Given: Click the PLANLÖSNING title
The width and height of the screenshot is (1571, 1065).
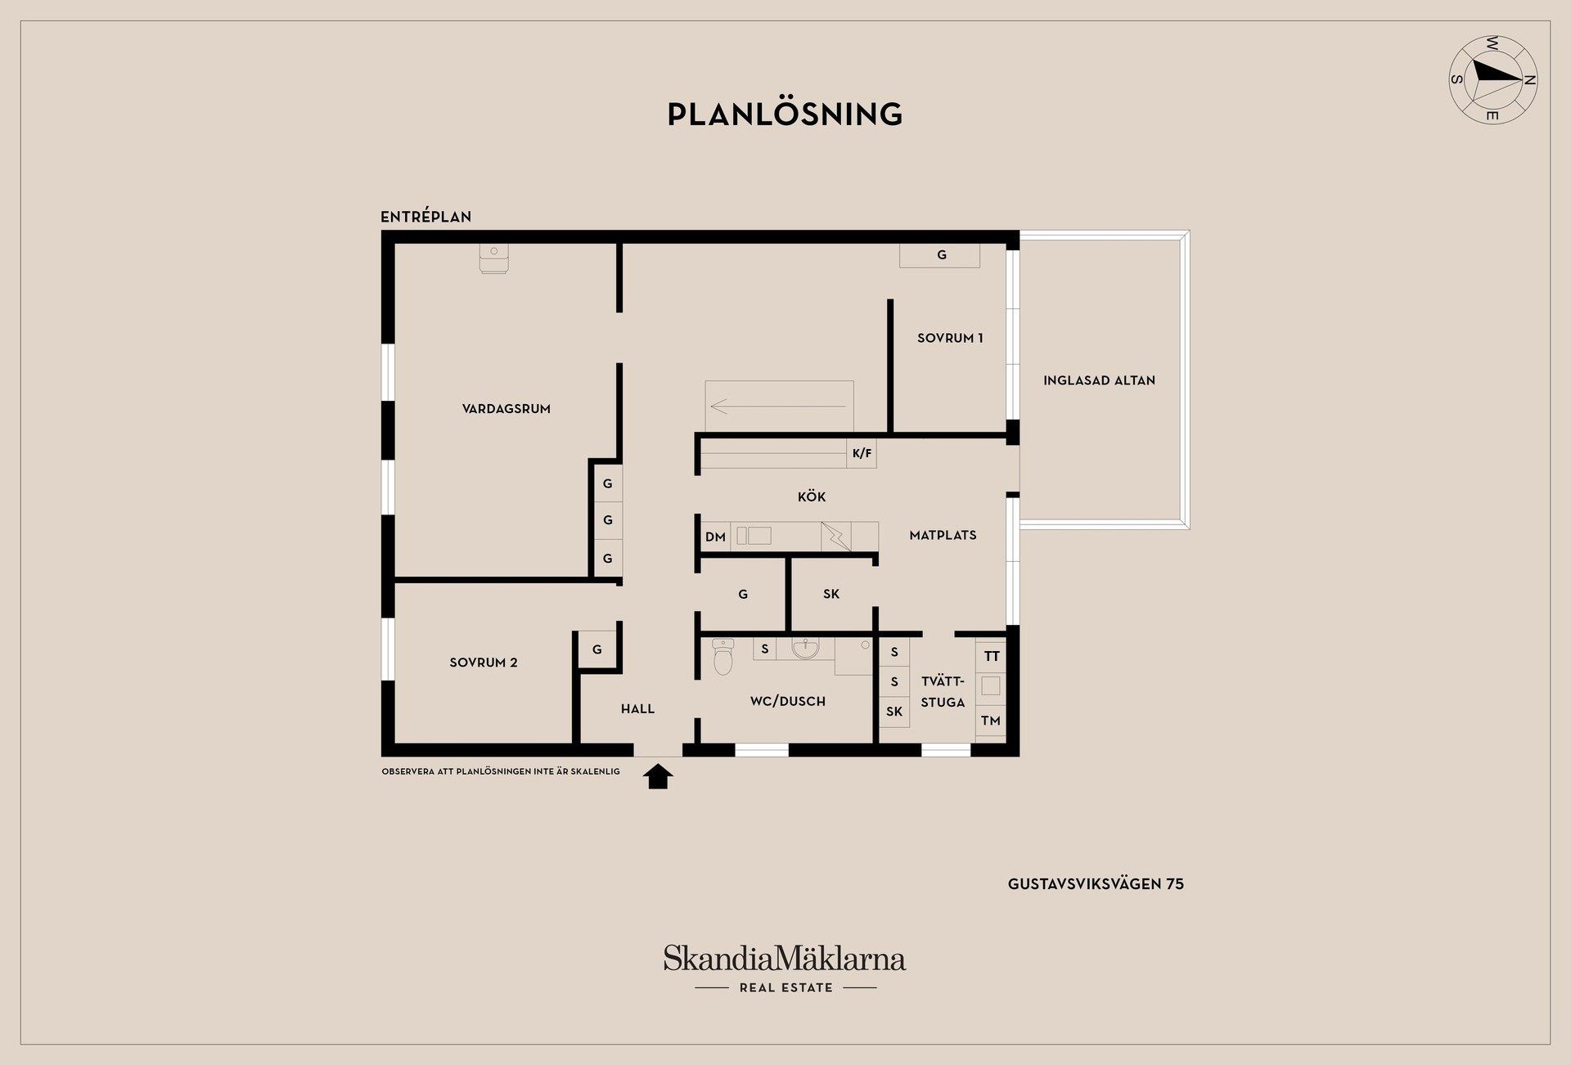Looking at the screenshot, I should click(785, 115).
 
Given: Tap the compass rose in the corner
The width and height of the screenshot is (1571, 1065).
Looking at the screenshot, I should click(1492, 79).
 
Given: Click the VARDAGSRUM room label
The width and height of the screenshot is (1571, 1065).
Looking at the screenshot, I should click(506, 409).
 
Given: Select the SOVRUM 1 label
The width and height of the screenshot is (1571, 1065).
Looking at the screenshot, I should click(949, 338).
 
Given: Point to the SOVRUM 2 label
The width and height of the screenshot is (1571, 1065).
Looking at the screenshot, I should click(483, 663).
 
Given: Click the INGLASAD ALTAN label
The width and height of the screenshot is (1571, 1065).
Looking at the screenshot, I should click(1099, 380).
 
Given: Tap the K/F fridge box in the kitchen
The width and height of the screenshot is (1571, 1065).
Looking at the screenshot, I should click(862, 453).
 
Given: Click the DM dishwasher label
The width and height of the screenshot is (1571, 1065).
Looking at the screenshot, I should click(715, 537).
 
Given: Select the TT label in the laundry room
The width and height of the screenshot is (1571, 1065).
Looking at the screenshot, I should click(991, 656).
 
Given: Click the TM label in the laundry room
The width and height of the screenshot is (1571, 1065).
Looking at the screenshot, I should click(990, 721).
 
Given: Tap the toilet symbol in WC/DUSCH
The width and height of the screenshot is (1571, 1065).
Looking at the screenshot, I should click(722, 656).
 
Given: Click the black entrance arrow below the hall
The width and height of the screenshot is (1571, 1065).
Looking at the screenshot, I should click(658, 776).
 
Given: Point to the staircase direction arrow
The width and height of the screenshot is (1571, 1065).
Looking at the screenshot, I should click(777, 406).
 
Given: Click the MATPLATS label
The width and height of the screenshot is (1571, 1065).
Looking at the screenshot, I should click(943, 535).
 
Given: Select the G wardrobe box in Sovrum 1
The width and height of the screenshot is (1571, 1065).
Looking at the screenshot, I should click(940, 255).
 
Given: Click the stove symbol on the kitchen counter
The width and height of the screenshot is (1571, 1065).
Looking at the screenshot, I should click(835, 537).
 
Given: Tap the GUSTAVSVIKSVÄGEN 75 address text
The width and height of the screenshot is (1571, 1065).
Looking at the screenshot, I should click(1096, 883).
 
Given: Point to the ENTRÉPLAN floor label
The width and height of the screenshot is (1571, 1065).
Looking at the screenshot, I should click(425, 217).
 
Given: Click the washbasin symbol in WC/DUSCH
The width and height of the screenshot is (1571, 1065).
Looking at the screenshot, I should click(805, 649).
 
